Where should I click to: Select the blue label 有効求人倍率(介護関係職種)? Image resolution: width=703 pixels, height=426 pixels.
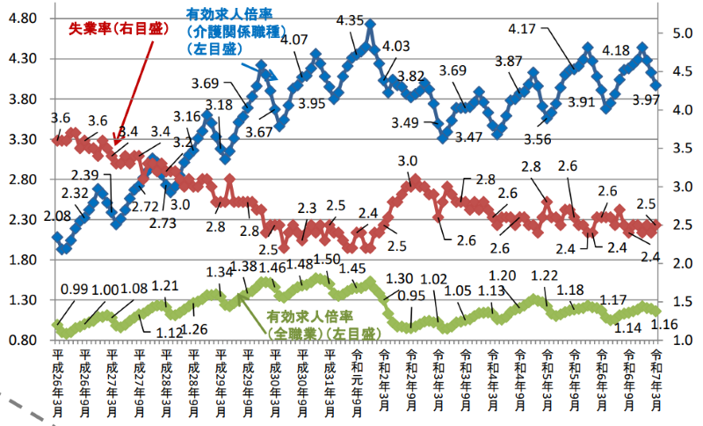click(x=230, y=33)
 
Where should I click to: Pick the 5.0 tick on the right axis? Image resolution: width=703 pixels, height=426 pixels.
click(x=680, y=33)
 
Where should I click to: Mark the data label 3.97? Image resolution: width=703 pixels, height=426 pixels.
click(x=644, y=100)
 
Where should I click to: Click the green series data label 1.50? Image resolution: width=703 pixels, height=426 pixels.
click(x=327, y=260)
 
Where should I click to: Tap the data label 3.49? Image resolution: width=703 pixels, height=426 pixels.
click(x=407, y=122)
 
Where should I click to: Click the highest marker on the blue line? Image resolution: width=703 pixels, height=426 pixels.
click(x=370, y=26)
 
